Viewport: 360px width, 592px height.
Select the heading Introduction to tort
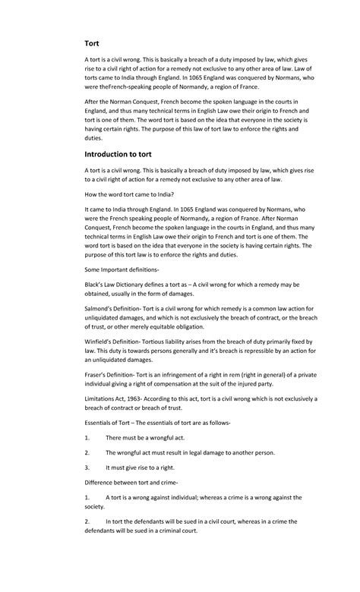[122, 153]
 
